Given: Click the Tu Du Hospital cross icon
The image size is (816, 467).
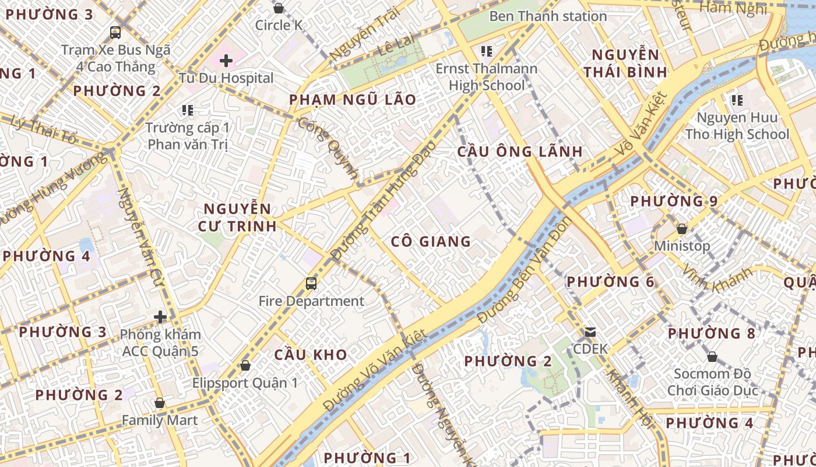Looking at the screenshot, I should click(226, 60).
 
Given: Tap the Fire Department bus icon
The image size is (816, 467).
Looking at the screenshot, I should click(311, 284).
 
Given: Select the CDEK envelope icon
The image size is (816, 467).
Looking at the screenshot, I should click(590, 332).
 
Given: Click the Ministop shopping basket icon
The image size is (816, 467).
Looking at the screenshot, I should click(681, 229).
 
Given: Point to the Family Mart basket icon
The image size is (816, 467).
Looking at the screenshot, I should click(159, 403).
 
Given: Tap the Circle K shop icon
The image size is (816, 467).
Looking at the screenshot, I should click(279, 8).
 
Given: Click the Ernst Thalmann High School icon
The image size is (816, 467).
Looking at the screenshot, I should click(486, 51).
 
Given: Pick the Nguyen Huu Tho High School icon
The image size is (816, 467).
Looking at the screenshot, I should click(737, 100).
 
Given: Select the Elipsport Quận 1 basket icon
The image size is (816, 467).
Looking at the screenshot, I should click(245, 365).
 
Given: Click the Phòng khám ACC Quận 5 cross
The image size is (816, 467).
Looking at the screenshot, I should click(160, 317).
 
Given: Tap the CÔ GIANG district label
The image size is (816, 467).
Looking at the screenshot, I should click(431, 241).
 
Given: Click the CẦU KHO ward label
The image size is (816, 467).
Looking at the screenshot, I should click(311, 354).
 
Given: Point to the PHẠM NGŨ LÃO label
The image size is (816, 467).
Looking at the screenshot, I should click(353, 100).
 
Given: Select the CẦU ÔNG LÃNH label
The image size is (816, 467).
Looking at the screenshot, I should click(520, 152).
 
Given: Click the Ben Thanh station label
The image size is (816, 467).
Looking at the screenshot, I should click(548, 16).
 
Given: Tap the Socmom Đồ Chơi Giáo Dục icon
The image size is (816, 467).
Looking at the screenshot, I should click(712, 357).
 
